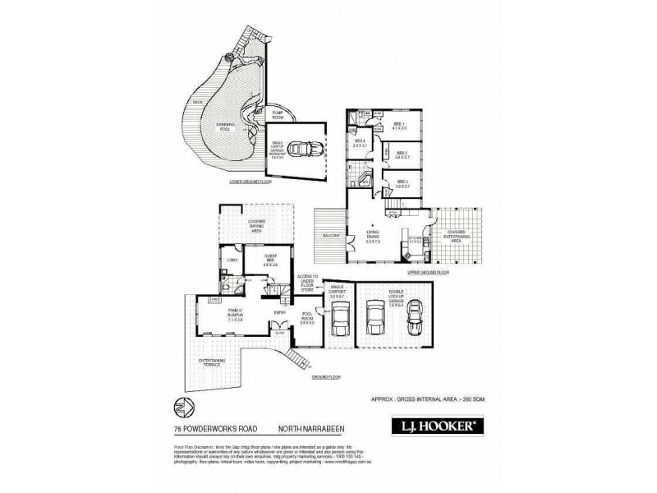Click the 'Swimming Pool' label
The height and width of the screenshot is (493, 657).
click(x=227, y=127)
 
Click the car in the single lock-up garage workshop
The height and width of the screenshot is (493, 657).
click(x=298, y=150)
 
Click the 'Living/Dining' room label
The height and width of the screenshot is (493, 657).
click(x=376, y=239)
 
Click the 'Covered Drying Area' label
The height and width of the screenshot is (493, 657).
click(x=254, y=230)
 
